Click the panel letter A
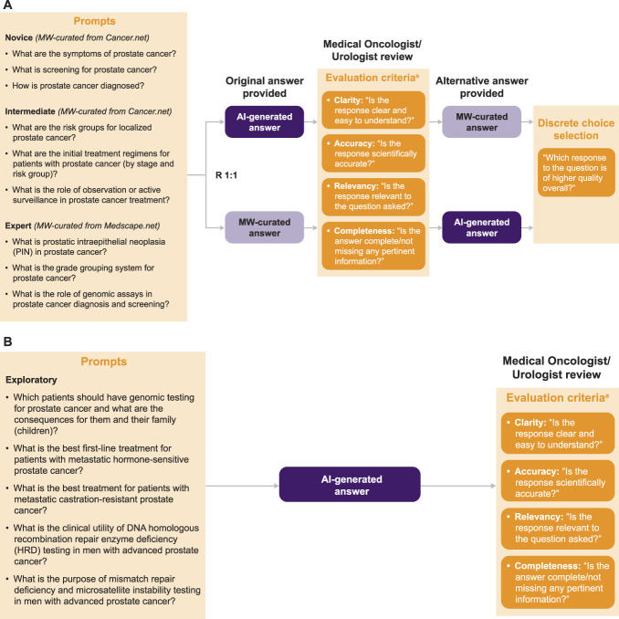(7, 5)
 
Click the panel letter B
(7, 341)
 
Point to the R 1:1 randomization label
(226, 175)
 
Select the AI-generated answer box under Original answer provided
(265, 121)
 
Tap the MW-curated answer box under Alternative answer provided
(482, 121)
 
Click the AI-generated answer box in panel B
(350, 485)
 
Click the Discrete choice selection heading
(576, 129)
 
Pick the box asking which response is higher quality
(576, 173)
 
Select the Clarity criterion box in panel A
(373, 110)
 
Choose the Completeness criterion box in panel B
(558, 582)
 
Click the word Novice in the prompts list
(18, 37)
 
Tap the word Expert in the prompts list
(18, 226)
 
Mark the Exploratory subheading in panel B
(31, 380)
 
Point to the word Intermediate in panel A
(30, 111)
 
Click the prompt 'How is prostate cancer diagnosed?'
(78, 86)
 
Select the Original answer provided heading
(265, 87)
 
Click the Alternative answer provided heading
(482, 87)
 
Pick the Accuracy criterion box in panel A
(373, 153)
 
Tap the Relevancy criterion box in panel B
(558, 528)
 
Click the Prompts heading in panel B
(104, 362)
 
